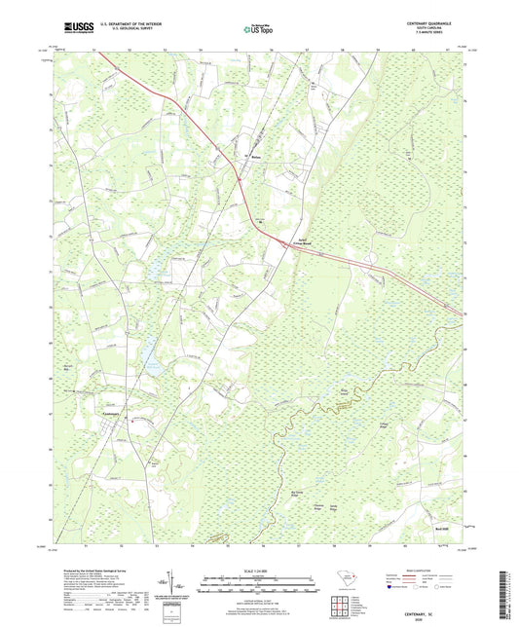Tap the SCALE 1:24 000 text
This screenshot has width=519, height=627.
(x=259, y=570)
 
